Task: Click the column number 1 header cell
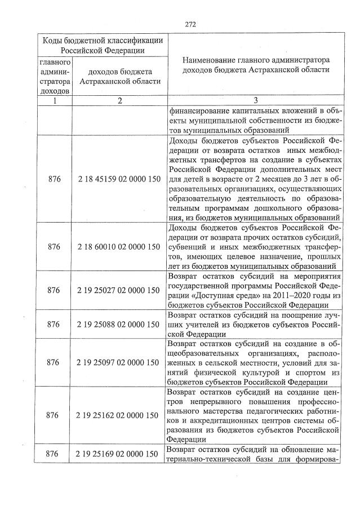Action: coord(55,100)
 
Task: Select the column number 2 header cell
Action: coord(119,100)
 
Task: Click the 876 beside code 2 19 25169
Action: coord(54,454)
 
